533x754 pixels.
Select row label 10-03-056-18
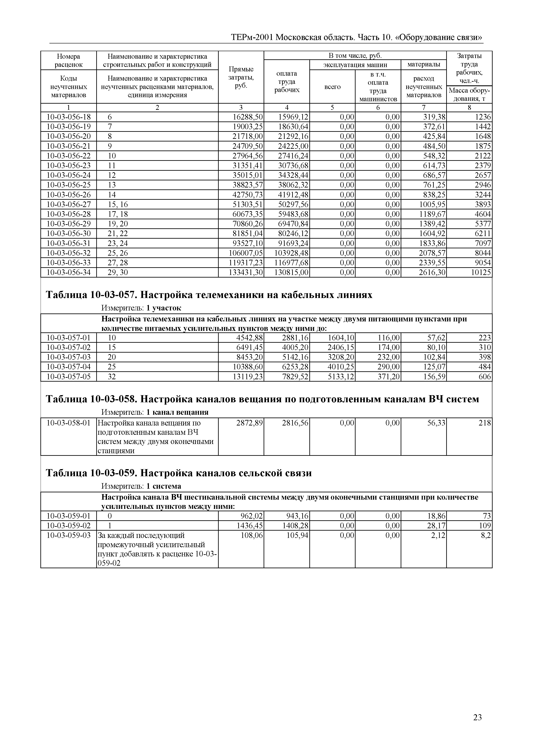[x=69, y=117]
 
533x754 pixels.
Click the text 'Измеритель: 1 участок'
[x=141, y=308]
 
